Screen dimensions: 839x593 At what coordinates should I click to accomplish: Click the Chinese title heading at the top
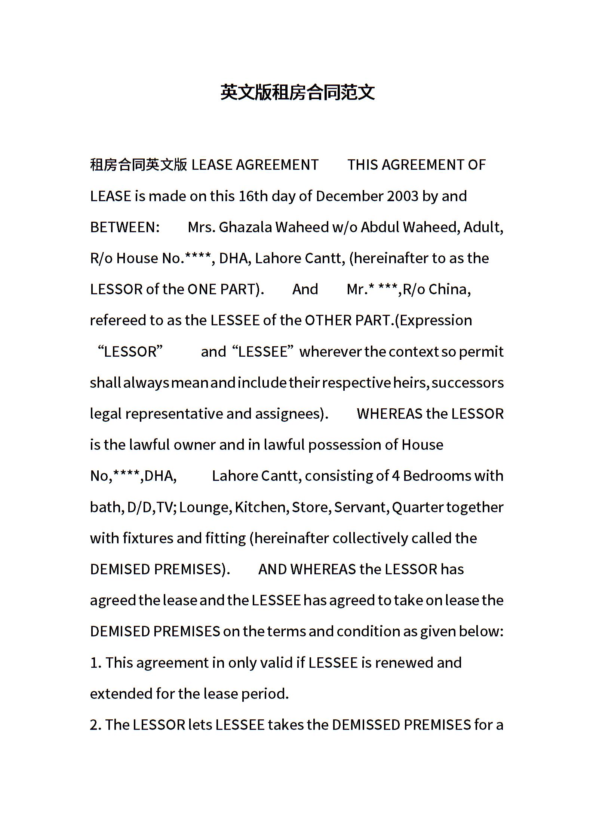[297, 92]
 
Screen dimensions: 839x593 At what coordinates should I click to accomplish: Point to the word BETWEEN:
[125, 227]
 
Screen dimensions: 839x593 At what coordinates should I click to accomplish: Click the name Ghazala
[245, 227]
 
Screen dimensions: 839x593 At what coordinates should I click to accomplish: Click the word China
[449, 289]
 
